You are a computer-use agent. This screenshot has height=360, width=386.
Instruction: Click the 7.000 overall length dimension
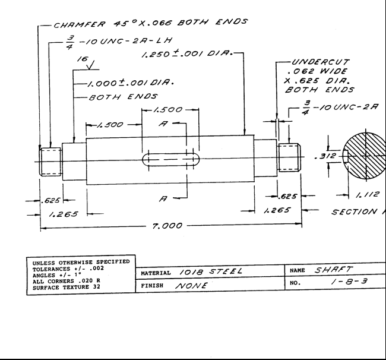click(x=167, y=226)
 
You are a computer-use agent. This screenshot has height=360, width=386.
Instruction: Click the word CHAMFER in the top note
click(x=80, y=24)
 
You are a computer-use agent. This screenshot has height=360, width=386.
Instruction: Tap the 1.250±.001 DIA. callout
click(x=187, y=53)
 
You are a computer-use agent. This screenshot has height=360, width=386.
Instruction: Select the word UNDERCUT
click(x=321, y=62)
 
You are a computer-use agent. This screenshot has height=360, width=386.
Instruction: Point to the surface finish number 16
click(x=83, y=59)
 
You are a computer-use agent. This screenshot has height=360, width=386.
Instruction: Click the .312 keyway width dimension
click(x=325, y=156)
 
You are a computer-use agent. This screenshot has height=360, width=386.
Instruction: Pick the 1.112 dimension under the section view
click(x=368, y=194)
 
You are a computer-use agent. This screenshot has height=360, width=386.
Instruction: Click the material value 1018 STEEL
click(x=211, y=271)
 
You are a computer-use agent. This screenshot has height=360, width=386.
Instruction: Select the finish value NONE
click(x=192, y=286)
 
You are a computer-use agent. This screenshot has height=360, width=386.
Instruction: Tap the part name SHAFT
click(x=334, y=270)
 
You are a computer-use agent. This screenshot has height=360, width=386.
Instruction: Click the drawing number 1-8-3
click(x=349, y=281)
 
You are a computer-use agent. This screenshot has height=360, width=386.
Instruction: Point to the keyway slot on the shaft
click(x=171, y=159)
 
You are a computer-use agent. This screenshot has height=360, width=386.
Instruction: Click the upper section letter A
click(x=163, y=124)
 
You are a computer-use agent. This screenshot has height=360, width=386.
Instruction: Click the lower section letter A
click(x=163, y=198)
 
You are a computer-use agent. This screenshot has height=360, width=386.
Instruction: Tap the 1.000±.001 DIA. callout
click(x=131, y=83)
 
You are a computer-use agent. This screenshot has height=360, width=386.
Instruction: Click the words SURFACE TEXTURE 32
click(x=67, y=288)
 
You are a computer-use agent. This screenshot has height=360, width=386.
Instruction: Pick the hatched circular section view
click(x=365, y=156)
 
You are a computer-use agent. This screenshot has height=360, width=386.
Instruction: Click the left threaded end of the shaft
click(x=50, y=162)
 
